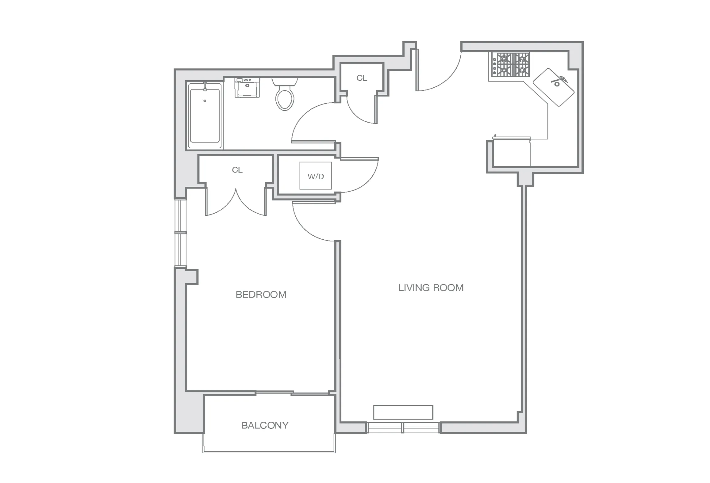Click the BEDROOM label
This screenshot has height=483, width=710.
tap(261, 295)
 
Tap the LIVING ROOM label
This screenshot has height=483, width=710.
tap(431, 288)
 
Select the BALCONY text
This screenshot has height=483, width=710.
tap(265, 425)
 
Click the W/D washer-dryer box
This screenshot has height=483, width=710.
tap(315, 176)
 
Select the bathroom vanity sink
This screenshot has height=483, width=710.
tap(247, 88)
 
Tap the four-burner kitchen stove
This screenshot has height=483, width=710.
tap(510, 65)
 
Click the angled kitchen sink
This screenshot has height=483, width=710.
tap(553, 87)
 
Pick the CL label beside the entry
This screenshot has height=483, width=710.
tap(362, 78)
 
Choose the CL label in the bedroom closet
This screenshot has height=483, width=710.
tap(237, 170)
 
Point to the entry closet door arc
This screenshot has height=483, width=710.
tap(357, 115)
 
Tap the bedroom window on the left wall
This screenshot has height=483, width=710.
tap(180, 233)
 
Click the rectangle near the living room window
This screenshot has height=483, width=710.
tap(403, 412)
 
